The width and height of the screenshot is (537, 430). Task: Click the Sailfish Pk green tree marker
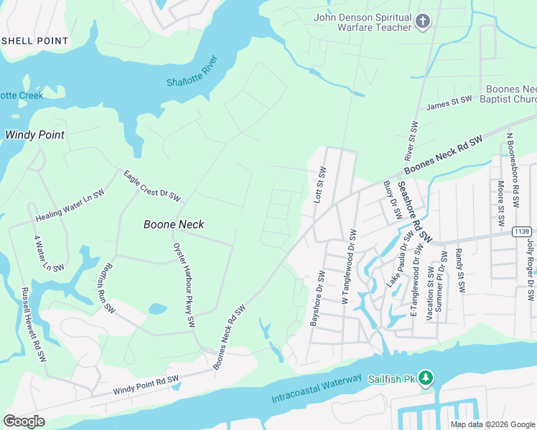426,378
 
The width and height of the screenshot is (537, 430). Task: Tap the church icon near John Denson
423,21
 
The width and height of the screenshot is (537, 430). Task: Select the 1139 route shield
522,232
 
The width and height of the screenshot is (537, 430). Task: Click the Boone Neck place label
174,224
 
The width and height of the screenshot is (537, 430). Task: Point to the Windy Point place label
34,135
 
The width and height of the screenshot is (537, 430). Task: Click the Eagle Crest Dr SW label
151,186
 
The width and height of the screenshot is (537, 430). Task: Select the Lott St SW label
320,186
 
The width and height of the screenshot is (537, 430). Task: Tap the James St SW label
449,103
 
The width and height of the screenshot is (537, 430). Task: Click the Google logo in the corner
24,421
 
